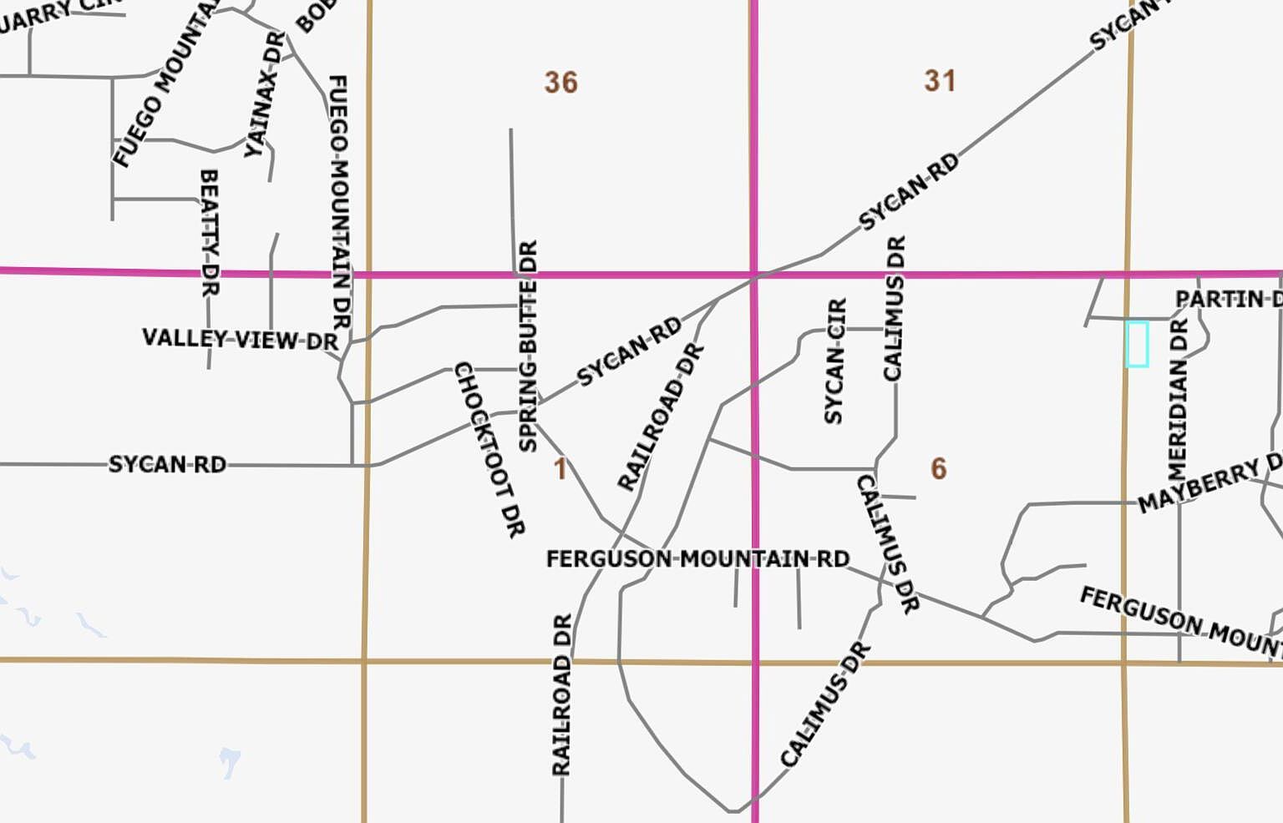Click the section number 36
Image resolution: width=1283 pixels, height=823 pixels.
click(560, 83)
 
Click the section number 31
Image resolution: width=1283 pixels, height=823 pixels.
click(940, 81)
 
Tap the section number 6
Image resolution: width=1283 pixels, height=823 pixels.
click(939, 469)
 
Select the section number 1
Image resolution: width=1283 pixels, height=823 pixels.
click(560, 469)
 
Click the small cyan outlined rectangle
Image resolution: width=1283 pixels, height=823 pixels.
click(1137, 344)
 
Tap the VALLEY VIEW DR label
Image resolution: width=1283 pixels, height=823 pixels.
click(241, 339)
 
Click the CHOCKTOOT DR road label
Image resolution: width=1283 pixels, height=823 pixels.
click(489, 449)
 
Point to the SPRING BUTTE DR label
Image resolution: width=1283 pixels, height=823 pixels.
click(528, 346)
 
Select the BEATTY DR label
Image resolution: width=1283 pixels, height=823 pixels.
click(209, 233)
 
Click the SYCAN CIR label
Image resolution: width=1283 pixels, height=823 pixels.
click(834, 361)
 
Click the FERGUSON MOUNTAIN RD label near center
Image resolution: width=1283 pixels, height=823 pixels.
click(697, 558)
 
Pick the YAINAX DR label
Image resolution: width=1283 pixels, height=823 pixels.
click(264, 94)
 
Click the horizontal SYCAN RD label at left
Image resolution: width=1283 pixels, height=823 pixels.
click(167, 464)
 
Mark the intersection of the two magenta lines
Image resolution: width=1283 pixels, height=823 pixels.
click(754, 274)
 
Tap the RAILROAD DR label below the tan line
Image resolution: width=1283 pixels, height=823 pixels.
click(562, 694)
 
